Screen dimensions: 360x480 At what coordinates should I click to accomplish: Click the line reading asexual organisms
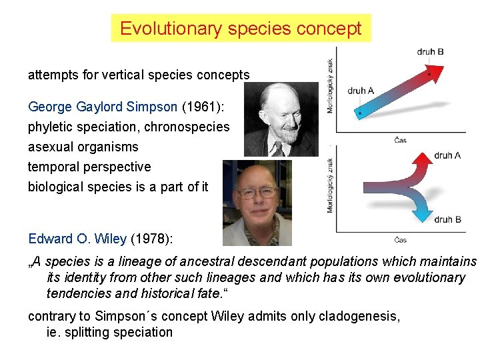(x=83, y=147)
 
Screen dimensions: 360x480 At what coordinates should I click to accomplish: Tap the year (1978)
(x=155, y=238)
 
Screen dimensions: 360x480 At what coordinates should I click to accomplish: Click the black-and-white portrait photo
(x=281, y=119)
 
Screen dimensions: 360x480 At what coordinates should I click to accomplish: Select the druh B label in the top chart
(x=430, y=51)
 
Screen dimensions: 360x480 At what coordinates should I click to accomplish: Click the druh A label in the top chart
(x=361, y=91)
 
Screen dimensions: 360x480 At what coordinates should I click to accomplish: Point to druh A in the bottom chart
(x=447, y=155)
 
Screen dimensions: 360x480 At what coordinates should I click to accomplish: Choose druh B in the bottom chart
(x=447, y=219)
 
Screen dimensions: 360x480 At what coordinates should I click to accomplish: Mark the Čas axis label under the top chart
(x=401, y=140)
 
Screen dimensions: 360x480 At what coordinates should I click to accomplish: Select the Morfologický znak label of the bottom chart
(x=330, y=185)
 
